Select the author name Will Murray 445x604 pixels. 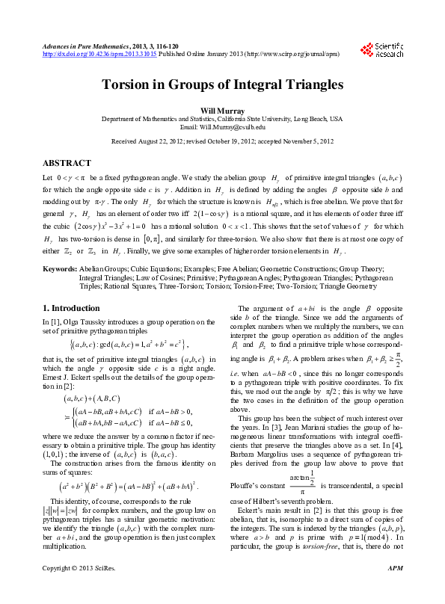222,111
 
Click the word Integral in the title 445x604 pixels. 234,84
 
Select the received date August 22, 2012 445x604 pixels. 158,141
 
